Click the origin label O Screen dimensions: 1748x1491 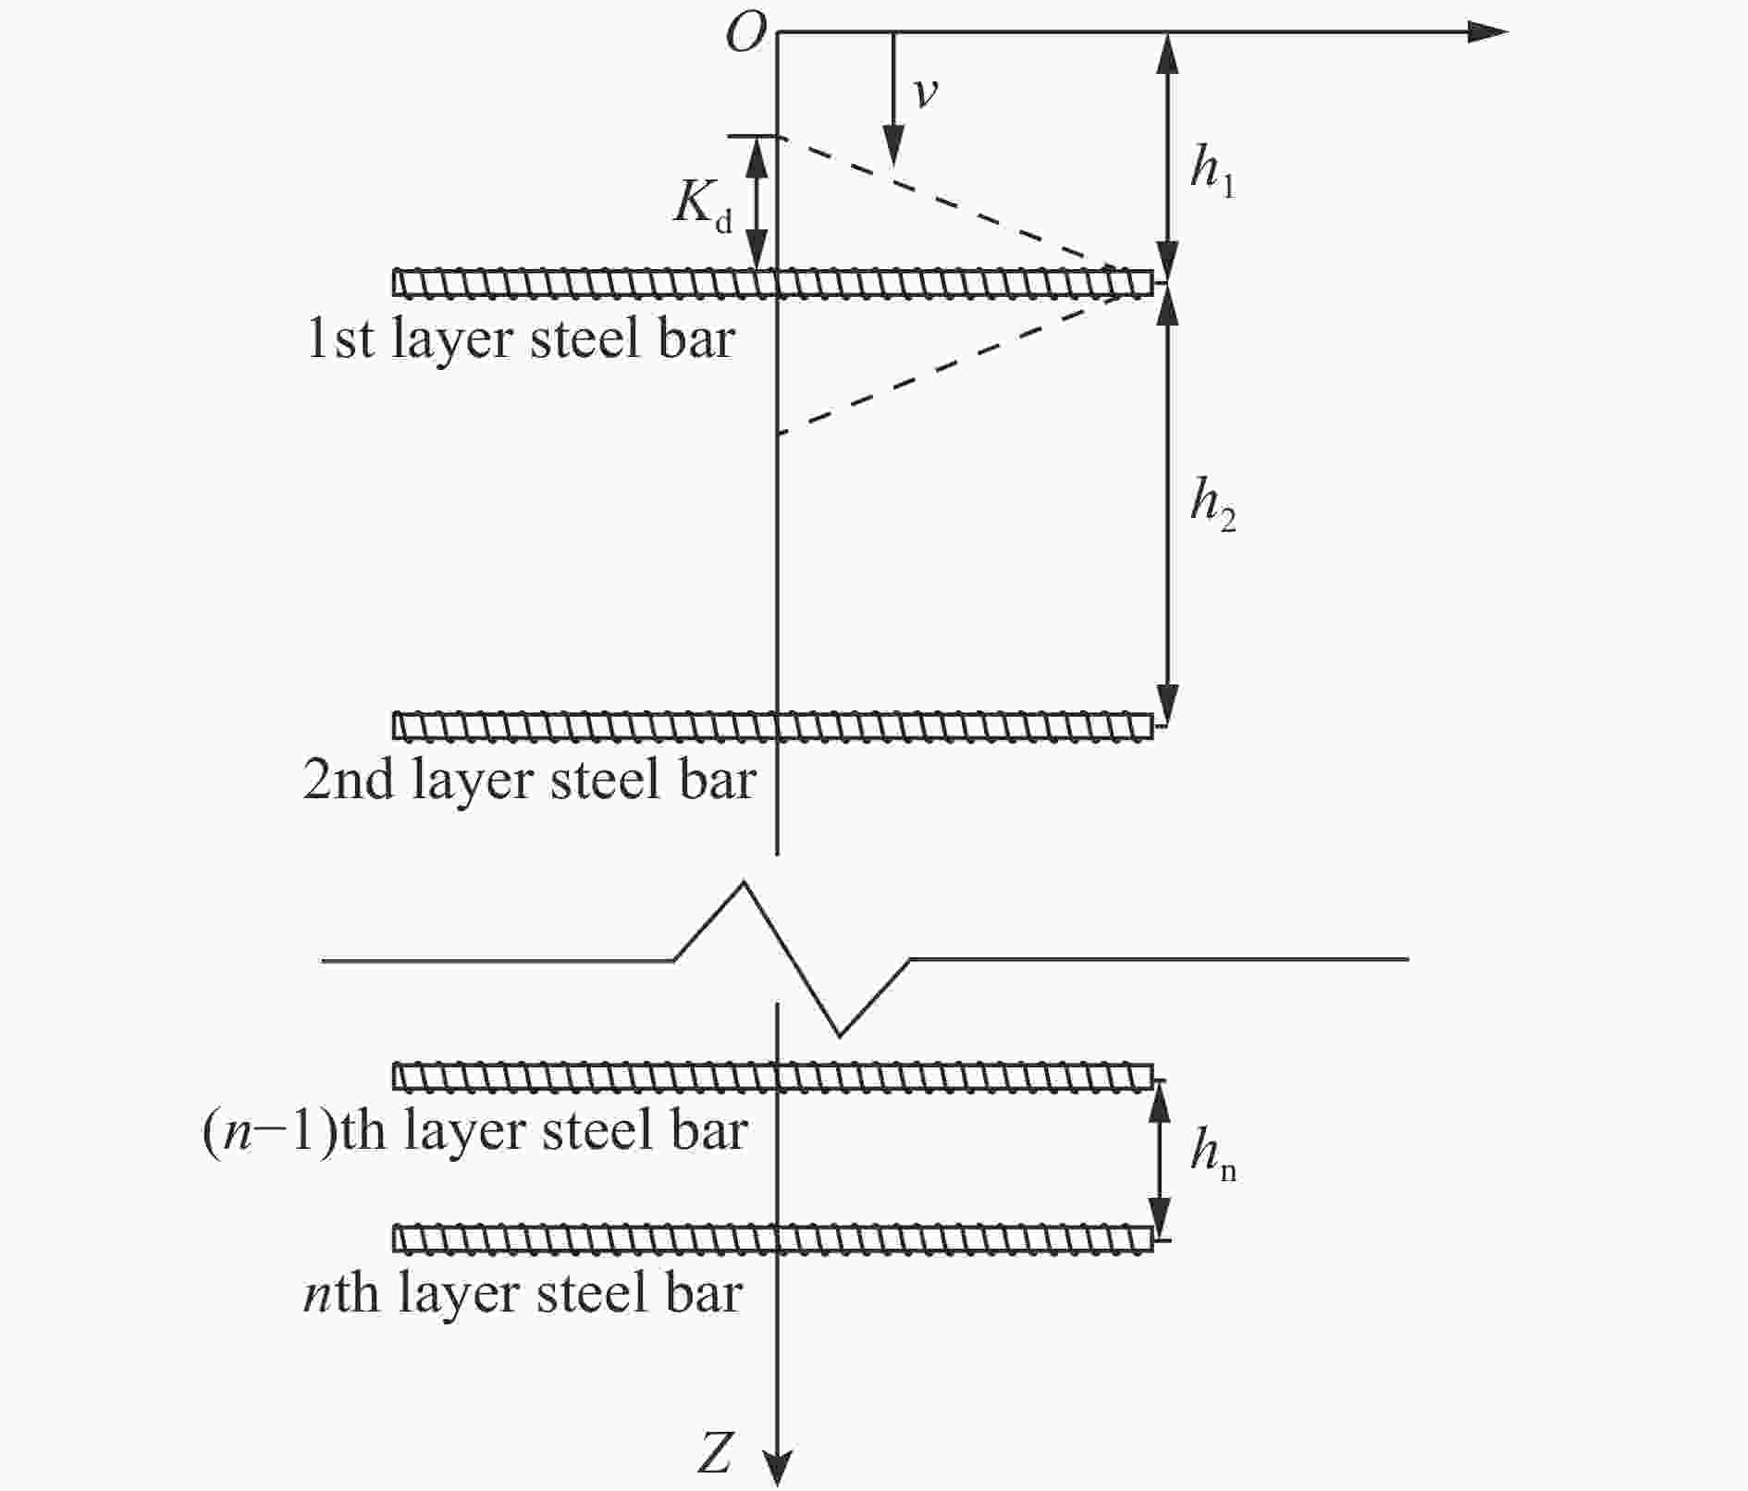pyautogui.click(x=746, y=34)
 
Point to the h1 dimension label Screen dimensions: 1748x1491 pyautogui.click(x=1213, y=173)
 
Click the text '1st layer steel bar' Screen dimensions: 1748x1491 pyautogui.click(x=521, y=339)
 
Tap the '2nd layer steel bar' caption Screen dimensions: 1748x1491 pyautogui.click(x=530, y=780)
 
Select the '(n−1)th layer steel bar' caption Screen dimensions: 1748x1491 pyautogui.click(x=475, y=1131)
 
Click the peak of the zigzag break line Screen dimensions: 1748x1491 pyautogui.click(x=744, y=882)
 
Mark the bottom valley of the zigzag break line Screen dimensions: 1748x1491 pyautogui.click(x=839, y=1035)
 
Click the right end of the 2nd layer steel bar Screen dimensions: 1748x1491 pyautogui.click(x=1153, y=726)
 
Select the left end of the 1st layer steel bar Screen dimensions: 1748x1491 pyautogui.click(x=395, y=283)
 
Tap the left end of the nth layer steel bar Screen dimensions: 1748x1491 pyautogui.click(x=395, y=1238)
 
